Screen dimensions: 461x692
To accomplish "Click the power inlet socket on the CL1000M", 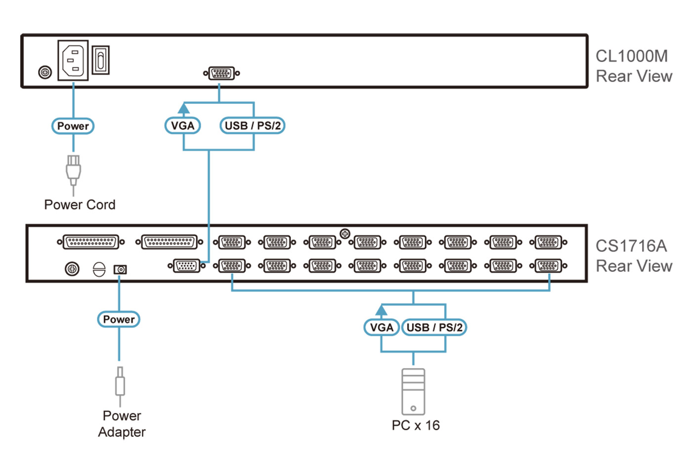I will [73, 60].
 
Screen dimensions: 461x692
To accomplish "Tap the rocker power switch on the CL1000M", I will [100, 60].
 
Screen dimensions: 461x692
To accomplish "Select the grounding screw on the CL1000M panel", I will [45, 73].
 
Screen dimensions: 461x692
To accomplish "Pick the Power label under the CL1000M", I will [73, 126].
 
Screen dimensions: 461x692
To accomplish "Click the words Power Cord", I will [80, 205].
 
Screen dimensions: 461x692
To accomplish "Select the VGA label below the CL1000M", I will [183, 126].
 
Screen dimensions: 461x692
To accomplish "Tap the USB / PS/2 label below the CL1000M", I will [253, 126].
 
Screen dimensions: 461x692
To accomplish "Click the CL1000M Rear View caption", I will [633, 66].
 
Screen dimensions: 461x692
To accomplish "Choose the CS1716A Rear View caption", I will [633, 256].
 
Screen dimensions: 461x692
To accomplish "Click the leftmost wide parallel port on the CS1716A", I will [91, 242].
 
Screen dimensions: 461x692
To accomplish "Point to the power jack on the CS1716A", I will [120, 269].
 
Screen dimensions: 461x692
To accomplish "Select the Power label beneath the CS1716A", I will [119, 319].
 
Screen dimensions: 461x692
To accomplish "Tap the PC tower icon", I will [413, 391].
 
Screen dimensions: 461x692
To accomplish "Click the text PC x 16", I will [415, 425].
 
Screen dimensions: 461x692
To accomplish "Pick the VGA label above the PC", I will [382, 327].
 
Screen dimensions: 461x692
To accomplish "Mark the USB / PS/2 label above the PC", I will [434, 327].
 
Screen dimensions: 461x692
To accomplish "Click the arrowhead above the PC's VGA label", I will [381, 310].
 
